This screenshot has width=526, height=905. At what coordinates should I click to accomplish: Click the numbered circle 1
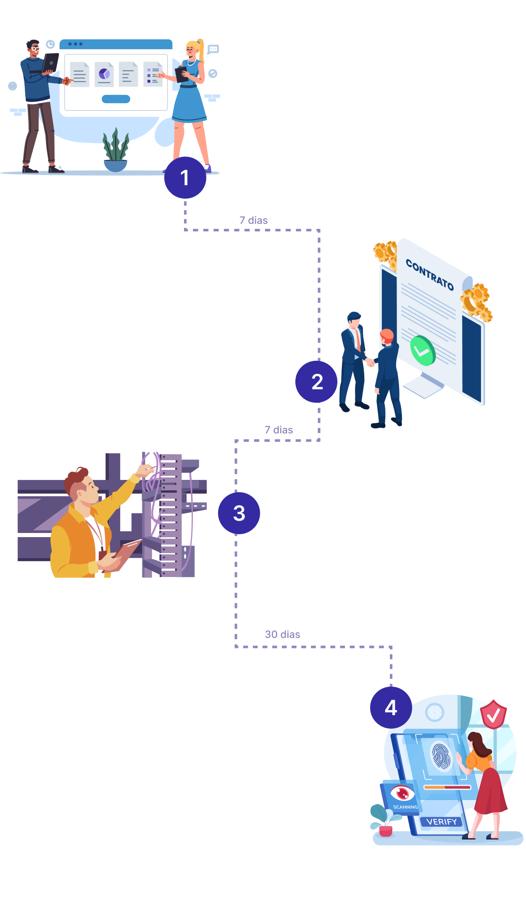[185, 178]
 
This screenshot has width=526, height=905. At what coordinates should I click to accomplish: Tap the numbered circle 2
[316, 382]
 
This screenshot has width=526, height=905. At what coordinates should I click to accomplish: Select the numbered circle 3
[239, 513]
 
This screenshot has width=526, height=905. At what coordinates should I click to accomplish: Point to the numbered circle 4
[391, 708]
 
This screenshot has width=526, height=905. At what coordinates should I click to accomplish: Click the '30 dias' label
[282, 634]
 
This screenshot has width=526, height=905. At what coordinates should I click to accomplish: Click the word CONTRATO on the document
[429, 275]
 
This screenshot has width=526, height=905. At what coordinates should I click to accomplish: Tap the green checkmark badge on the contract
[423, 351]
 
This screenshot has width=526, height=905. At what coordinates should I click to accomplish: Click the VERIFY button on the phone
[441, 822]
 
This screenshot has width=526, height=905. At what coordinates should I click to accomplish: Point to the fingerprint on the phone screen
[441, 756]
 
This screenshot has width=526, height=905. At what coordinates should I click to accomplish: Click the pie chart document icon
[104, 74]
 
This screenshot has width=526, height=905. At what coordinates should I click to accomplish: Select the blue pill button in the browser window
[116, 99]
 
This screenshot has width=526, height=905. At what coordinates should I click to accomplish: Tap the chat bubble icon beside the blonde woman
[213, 49]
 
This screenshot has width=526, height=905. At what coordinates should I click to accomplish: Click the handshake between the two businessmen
[370, 362]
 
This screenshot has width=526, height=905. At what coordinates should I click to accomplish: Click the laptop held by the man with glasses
[51, 63]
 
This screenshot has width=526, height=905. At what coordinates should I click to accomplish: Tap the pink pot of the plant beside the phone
[386, 831]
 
